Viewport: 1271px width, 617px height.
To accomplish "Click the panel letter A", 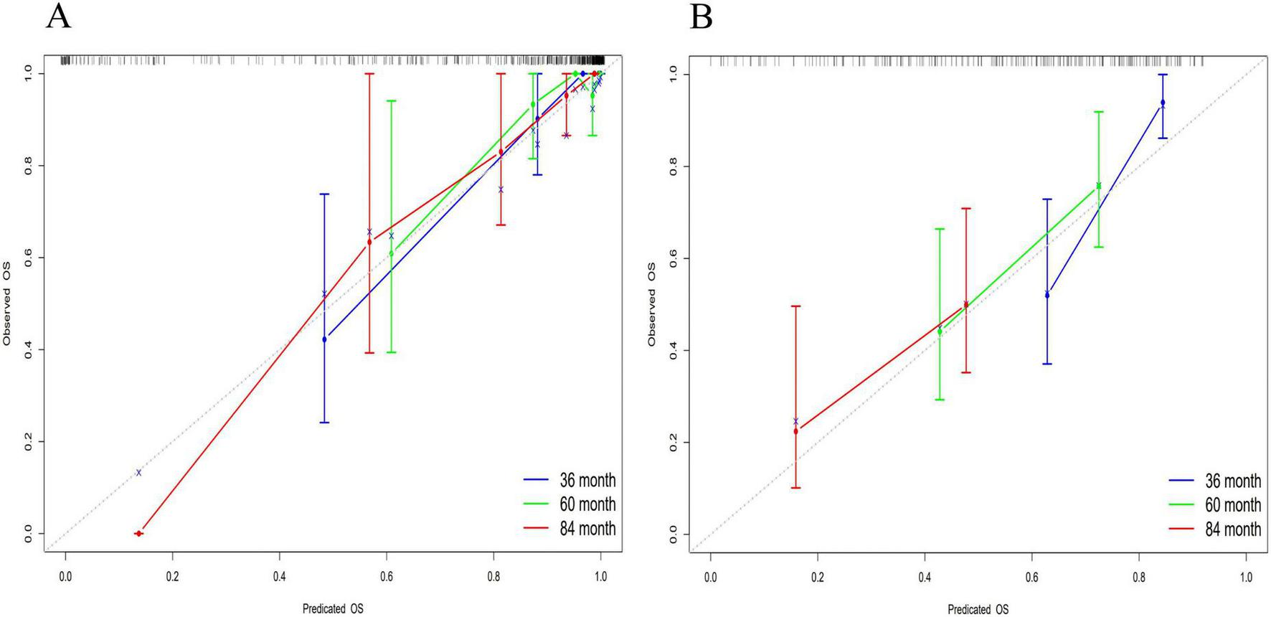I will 58,16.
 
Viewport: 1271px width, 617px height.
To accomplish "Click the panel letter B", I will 701,16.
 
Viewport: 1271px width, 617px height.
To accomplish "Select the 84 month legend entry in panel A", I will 587,529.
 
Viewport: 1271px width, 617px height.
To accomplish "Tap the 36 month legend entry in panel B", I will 1232,481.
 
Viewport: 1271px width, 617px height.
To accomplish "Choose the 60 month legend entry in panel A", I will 587,504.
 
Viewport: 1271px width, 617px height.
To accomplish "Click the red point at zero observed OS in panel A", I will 138,533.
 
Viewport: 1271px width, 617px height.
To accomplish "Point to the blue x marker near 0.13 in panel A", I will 138,472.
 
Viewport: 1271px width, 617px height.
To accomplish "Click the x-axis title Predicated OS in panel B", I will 978,609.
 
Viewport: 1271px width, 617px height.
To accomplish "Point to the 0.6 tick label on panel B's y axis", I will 672,258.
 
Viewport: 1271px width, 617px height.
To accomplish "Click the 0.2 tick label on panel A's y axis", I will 27,441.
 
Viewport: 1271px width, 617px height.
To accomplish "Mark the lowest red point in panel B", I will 795,431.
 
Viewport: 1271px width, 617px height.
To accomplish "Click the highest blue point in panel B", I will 1163,103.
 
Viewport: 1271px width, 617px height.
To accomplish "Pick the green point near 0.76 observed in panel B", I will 1098,186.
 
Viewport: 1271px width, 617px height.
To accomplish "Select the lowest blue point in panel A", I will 324,339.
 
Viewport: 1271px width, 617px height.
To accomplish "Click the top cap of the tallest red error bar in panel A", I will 369,73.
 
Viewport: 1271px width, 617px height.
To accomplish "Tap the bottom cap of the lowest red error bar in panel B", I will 795,488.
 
